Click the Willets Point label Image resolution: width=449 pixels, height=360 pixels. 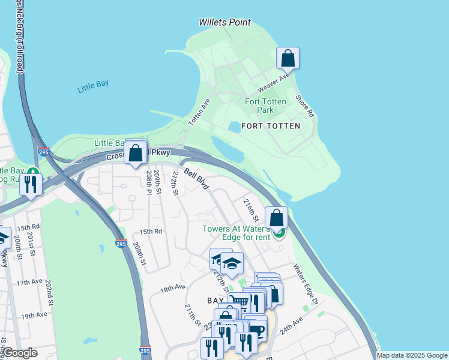(224, 23)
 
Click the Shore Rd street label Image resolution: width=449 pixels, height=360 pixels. (305, 106)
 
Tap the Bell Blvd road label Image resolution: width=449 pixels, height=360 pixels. (196, 179)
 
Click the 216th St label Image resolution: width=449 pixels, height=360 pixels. (250, 210)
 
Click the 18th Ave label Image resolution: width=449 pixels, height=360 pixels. (172, 289)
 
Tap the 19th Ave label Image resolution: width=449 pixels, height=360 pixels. (34, 315)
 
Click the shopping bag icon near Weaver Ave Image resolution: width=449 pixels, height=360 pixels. (288, 58)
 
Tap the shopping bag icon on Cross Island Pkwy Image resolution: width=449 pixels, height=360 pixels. (136, 152)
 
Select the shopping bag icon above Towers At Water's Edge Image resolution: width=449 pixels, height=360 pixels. (276, 218)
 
